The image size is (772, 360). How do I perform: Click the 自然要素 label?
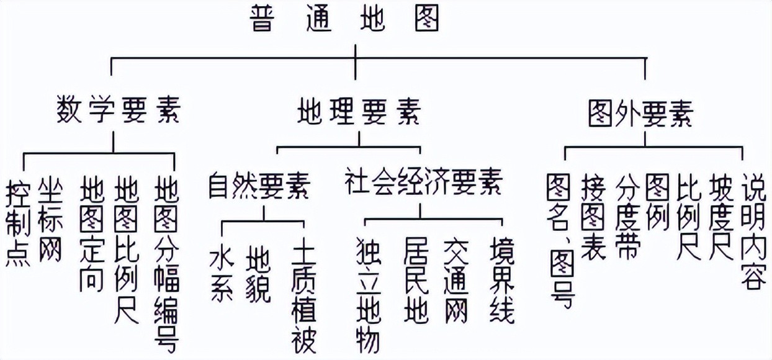[259, 184]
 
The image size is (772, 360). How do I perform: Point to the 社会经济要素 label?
[423, 184]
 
